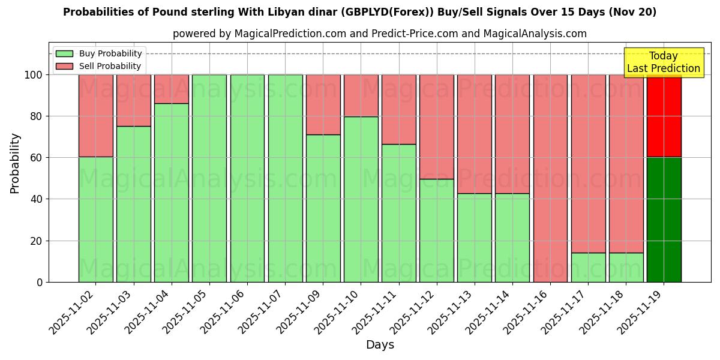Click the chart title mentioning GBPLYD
pos(359,12)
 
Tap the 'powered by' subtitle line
pos(379,34)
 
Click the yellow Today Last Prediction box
pos(663,62)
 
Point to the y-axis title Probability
pos(15,163)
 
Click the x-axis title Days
pos(380,345)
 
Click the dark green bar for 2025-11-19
pos(664,220)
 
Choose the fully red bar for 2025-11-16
pos(550,178)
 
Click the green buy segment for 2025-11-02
pos(96,219)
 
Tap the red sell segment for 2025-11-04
pos(172,89)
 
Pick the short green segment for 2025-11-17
pos(588,267)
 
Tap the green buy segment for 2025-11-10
pos(361,199)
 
